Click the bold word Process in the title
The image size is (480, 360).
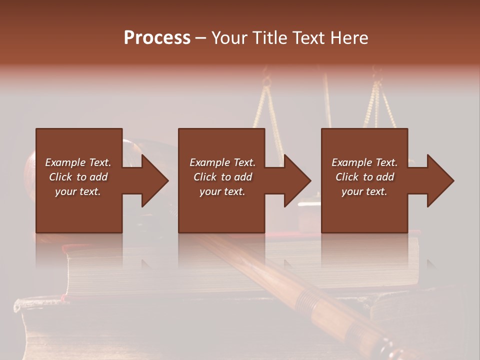click(x=157, y=37)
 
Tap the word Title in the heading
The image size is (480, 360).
click(x=269, y=38)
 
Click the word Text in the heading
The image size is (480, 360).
click(x=308, y=38)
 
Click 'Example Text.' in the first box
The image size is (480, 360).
click(x=78, y=162)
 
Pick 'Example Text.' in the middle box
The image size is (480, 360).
click(x=222, y=162)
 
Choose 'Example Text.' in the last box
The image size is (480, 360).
click(x=364, y=162)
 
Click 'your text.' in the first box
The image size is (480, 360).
click(x=78, y=191)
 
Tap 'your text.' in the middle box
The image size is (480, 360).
click(x=222, y=191)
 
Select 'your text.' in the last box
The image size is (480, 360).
click(x=364, y=191)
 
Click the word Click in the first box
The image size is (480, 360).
click(x=60, y=177)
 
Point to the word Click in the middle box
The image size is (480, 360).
click(x=205, y=177)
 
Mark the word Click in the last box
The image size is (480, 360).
click(x=347, y=177)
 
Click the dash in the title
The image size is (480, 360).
click(x=201, y=38)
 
